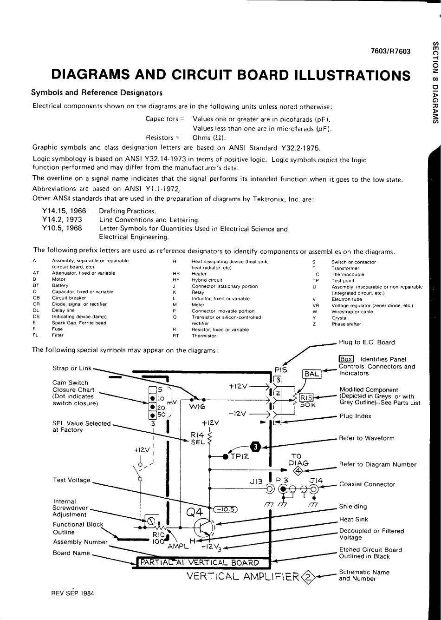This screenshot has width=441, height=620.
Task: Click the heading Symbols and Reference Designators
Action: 97,92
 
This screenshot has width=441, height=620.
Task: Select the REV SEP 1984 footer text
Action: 73,593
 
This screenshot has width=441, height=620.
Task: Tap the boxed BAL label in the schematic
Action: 311,374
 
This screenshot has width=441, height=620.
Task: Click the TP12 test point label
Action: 240,456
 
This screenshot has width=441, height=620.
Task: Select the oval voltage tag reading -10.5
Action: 225,509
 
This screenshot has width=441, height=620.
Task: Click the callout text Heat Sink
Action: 353,519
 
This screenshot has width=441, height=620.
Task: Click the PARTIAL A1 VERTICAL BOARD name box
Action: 204,562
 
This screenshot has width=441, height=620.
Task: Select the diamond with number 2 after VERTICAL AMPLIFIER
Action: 307,577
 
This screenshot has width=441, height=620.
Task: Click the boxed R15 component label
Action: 306,397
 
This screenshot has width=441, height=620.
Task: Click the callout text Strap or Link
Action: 72,369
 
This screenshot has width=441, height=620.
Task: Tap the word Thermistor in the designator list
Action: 204,336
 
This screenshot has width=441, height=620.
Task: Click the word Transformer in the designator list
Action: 345,268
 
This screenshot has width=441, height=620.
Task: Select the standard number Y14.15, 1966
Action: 64,211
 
